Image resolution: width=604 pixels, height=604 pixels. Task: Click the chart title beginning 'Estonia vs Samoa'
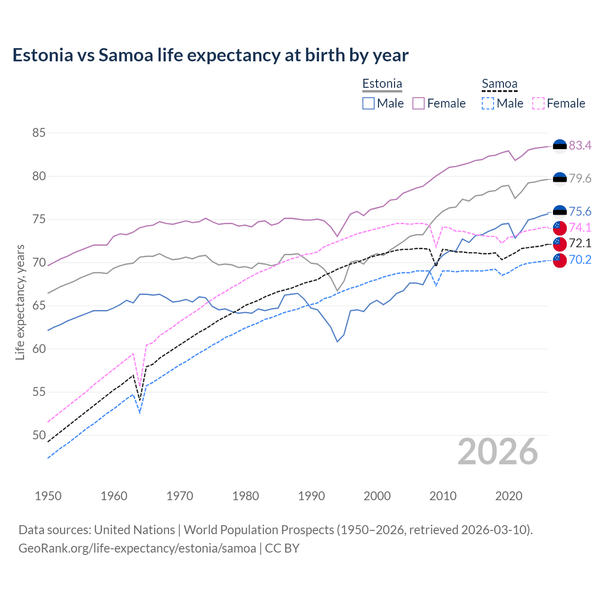click(x=210, y=55)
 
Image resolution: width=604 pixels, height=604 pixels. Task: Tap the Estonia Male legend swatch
click(x=369, y=103)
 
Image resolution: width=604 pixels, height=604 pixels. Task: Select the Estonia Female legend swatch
click(x=419, y=103)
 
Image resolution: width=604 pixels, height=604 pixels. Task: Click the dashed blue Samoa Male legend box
click(x=488, y=103)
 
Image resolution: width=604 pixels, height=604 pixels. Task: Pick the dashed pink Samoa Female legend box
click(x=538, y=103)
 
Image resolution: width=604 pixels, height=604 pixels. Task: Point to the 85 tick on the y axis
click(x=39, y=133)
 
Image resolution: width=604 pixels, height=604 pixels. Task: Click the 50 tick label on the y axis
click(x=39, y=435)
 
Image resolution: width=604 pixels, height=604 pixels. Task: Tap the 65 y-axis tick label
click(x=39, y=306)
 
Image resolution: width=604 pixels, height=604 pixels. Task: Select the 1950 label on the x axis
click(x=48, y=496)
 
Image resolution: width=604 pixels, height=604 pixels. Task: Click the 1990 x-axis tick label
click(x=311, y=496)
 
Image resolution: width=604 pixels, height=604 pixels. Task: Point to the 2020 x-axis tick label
click(x=509, y=496)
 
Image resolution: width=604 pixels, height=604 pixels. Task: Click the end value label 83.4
click(x=580, y=145)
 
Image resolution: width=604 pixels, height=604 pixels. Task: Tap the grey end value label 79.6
click(x=580, y=178)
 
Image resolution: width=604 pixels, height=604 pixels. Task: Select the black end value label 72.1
click(x=580, y=243)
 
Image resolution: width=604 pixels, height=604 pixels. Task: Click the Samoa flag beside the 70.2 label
click(x=560, y=260)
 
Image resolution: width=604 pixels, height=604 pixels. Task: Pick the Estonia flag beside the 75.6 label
click(x=560, y=212)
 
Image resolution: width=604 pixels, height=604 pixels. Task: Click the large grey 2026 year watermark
click(x=498, y=452)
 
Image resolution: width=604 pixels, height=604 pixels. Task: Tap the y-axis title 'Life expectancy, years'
click(x=20, y=302)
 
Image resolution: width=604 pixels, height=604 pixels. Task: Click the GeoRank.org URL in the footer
click(x=137, y=548)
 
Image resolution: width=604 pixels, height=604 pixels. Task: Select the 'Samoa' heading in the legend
click(x=499, y=84)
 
